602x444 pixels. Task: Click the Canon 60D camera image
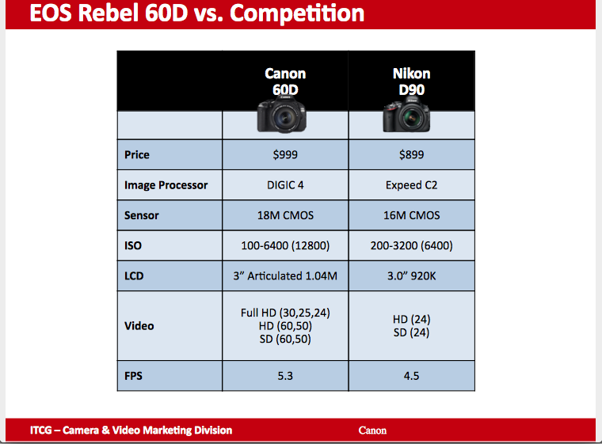click(x=281, y=114)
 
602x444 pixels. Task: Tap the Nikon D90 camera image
click(x=406, y=114)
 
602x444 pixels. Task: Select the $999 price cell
click(x=285, y=154)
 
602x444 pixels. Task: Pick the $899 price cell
click(x=412, y=154)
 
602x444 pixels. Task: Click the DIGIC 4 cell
click(x=285, y=185)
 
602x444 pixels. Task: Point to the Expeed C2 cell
click(x=412, y=185)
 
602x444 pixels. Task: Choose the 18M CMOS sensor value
click(x=285, y=215)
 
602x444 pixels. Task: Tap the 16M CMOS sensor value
click(x=412, y=215)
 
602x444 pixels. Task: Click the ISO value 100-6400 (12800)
click(x=285, y=245)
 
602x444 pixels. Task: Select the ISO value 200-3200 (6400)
click(x=412, y=245)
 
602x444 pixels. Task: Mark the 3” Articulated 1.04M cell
click(x=285, y=276)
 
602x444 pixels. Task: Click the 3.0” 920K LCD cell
click(x=412, y=276)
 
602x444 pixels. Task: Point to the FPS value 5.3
click(x=285, y=376)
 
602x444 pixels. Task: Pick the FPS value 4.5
click(x=412, y=376)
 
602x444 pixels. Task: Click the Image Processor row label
click(x=166, y=185)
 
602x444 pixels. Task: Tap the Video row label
click(x=139, y=326)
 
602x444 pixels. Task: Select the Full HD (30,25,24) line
click(x=285, y=313)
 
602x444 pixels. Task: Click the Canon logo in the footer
click(x=372, y=431)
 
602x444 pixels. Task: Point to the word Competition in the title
click(x=297, y=13)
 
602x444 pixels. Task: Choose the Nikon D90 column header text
click(x=412, y=82)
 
